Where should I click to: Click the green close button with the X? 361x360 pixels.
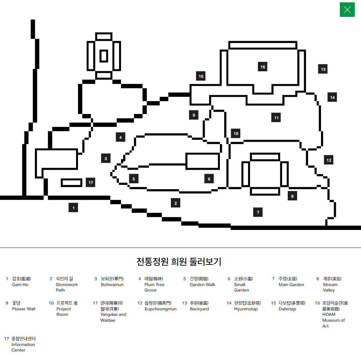coord(347,9)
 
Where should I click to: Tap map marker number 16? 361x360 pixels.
coord(263,67)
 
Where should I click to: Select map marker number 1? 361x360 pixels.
coord(73,208)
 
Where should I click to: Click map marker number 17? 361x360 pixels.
coord(91,182)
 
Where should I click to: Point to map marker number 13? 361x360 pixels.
coord(323,69)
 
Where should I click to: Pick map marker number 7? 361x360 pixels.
coord(258,212)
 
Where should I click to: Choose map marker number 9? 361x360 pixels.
coord(193,115)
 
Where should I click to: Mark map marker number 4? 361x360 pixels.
coord(120,137)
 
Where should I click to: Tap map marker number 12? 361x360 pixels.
coord(328,159)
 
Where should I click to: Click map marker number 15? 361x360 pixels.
coord(201,76)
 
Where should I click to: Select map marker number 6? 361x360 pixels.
coord(209,179)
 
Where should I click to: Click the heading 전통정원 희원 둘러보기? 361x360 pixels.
coord(179,261)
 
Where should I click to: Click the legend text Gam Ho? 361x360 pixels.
coord(20,285)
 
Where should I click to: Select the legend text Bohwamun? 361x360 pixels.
coord(112,285)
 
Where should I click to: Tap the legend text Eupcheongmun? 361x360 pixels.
coord(160,309)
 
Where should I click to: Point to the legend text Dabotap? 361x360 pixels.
coord(287,309)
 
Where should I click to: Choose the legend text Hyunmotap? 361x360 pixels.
coord(246,309)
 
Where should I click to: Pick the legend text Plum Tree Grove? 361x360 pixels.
coord(154,288)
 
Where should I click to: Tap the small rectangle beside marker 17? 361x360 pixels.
coord(72,183)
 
